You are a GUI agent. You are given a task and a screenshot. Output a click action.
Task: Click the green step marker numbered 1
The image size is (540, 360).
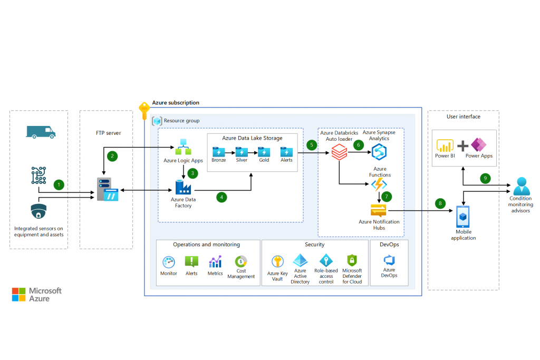click(x=59, y=184)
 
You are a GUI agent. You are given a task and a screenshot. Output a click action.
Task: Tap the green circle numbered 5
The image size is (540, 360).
click(x=312, y=144)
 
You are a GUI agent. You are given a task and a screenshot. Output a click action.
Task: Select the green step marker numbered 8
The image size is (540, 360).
click(x=440, y=203)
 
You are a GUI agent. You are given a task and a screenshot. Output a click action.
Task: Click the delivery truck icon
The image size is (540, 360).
click(x=41, y=132)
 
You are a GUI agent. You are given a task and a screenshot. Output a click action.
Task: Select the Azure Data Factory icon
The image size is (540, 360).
click(x=182, y=188)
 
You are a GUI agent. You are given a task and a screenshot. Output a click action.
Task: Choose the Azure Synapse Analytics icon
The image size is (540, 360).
click(x=379, y=152)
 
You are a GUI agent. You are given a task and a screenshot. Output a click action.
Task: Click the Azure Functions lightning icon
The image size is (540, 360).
click(x=379, y=184)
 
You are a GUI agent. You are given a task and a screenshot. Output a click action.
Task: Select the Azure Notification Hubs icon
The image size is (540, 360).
click(x=379, y=210)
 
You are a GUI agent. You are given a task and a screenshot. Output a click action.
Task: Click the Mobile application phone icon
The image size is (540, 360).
click(x=463, y=216)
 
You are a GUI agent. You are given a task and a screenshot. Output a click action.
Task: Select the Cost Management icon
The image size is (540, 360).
click(x=241, y=261)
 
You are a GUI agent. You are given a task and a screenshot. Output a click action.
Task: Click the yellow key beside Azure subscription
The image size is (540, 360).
click(x=144, y=111)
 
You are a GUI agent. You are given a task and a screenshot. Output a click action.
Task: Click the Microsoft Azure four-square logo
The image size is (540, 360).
click(x=19, y=295)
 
